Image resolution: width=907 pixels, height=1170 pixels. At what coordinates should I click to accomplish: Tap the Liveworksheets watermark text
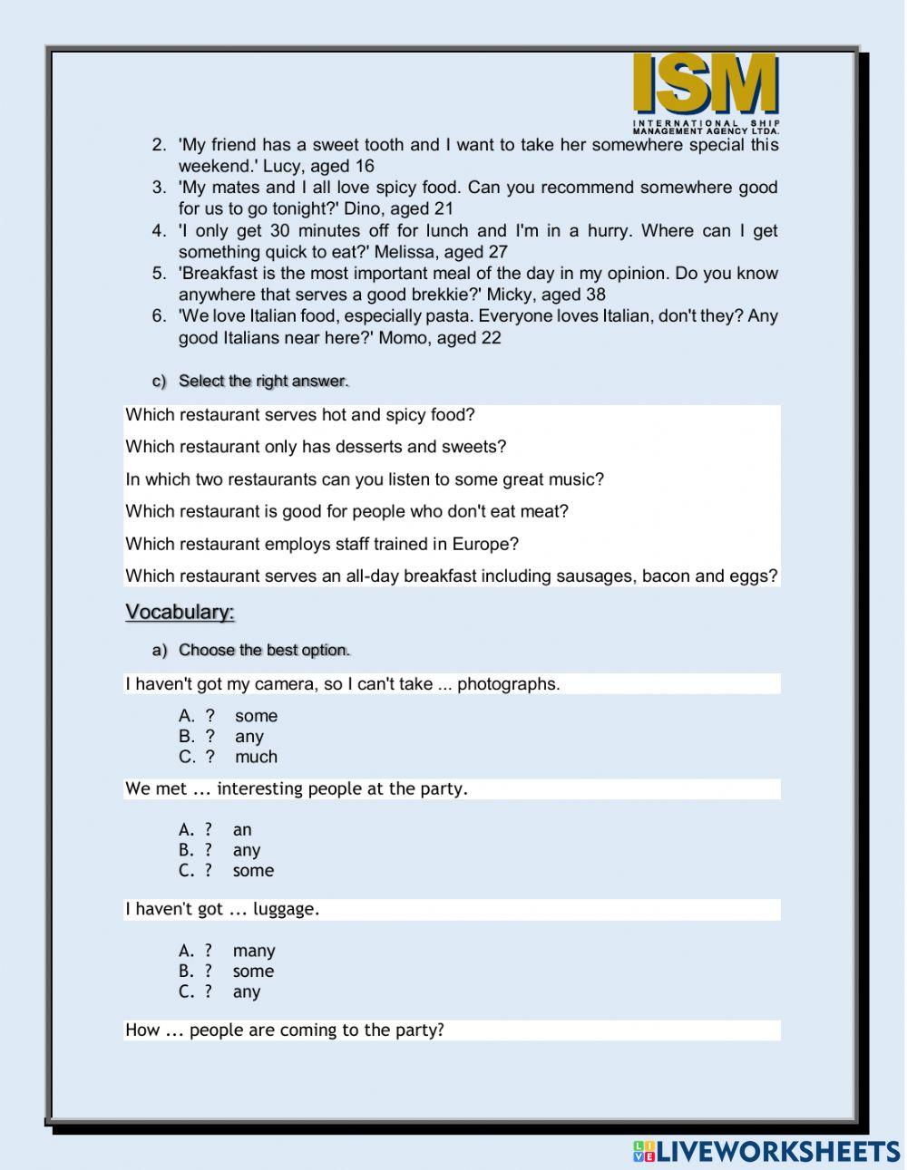point(766,1151)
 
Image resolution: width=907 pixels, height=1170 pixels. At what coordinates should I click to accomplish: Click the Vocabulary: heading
point(180,613)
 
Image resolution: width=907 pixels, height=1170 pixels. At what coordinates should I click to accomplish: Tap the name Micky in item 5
point(510,295)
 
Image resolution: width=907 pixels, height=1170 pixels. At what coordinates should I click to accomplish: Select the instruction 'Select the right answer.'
point(263,381)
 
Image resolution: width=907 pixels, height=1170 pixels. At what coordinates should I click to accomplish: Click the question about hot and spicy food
point(300,415)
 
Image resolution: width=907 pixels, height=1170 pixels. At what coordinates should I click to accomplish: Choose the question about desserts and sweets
point(316,447)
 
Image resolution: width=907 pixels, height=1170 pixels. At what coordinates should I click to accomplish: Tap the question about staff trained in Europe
point(322,544)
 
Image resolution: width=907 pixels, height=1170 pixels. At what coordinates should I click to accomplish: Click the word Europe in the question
point(488,544)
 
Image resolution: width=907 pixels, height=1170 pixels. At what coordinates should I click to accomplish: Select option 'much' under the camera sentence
point(256,757)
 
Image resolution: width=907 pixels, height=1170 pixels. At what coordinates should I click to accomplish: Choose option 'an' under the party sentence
point(242,829)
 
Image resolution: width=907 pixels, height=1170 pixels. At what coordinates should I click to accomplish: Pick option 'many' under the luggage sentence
point(253,951)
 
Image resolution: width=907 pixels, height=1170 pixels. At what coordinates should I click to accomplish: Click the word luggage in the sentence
point(286,909)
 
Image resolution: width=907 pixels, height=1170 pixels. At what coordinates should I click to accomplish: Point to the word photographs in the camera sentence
point(508,684)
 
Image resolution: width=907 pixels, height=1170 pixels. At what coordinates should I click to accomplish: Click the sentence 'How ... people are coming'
point(285,1030)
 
